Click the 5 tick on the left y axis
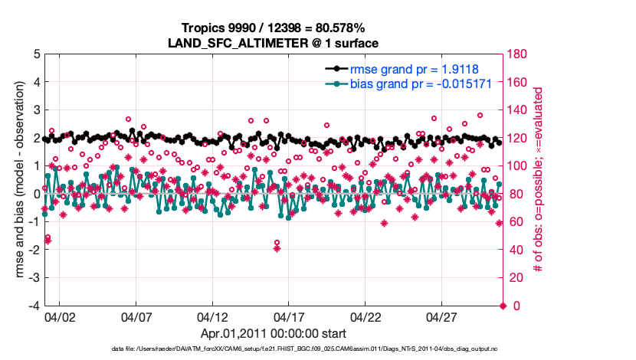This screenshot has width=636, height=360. [35, 54]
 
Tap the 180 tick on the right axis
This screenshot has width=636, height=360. [519, 54]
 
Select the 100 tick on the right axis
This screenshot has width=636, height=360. [519, 166]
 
